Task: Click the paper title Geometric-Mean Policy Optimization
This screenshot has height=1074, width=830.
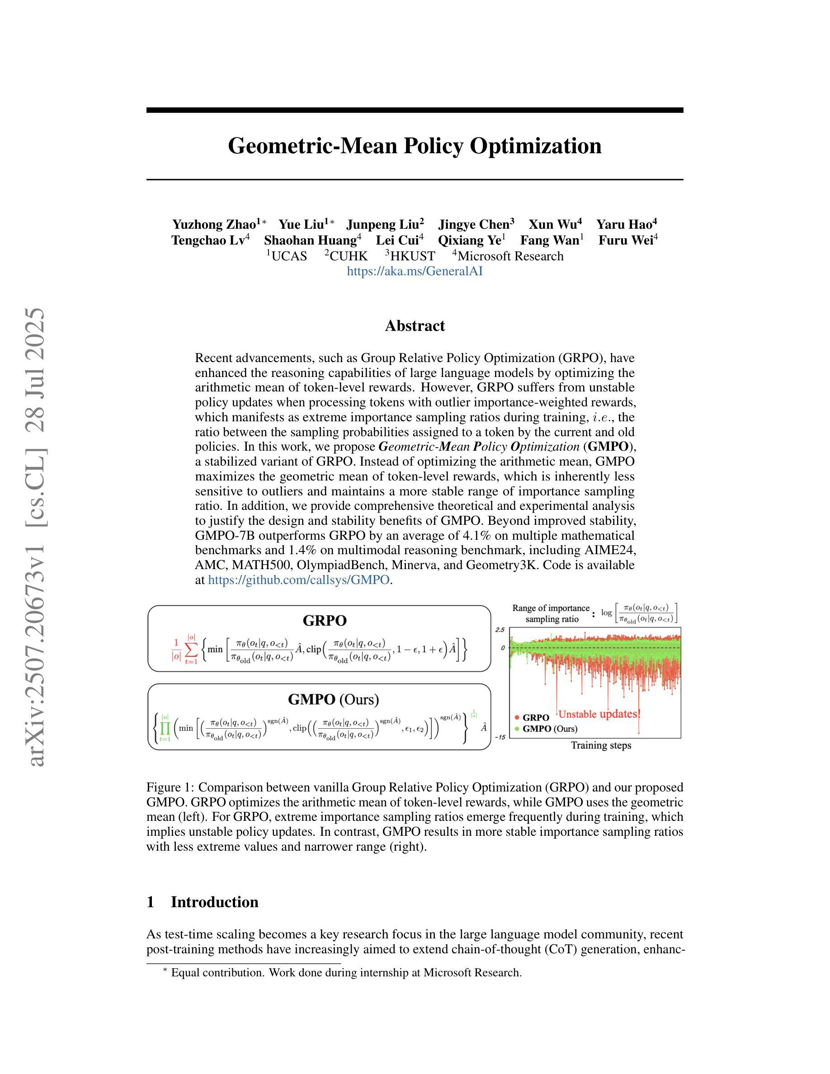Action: pos(415,146)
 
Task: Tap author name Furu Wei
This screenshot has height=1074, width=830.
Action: pos(626,240)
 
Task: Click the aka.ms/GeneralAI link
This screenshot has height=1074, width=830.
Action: pos(415,271)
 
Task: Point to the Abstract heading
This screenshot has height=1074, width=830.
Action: pos(415,326)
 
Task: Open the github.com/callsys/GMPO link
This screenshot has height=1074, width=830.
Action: pos(299,580)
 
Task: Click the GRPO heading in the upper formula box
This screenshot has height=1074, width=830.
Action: pos(325,621)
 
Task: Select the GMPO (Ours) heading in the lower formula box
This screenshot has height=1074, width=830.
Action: pos(333,699)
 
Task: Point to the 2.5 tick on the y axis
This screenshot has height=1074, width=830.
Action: pos(500,630)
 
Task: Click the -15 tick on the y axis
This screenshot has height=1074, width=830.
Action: pos(500,738)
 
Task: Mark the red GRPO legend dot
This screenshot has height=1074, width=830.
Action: pos(517,718)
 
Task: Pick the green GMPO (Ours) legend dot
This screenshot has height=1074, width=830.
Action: pos(517,729)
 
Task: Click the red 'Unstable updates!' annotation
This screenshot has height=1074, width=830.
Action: pos(599,714)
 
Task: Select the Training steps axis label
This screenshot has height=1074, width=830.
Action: pos(601,745)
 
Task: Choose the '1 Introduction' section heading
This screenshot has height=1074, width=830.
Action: pos(203,902)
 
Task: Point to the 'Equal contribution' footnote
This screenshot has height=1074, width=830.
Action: pos(342,973)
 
